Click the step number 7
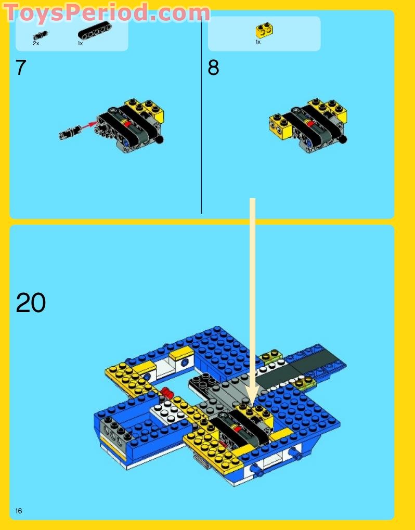coord(21,68)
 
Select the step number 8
coord(213,68)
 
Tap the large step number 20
coord(31,303)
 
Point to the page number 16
coord(19,511)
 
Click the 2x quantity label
coord(36,44)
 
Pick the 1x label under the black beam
coord(81,44)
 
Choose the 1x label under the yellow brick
coord(258,42)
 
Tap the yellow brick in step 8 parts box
coord(264,31)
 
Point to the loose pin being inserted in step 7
coord(69,132)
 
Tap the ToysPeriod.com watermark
coord(107,12)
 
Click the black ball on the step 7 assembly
coord(160,139)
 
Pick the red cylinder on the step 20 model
coord(166,392)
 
